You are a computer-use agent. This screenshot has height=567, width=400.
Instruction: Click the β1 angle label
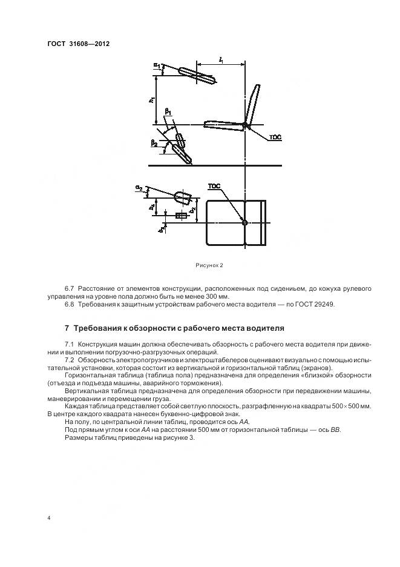(169, 113)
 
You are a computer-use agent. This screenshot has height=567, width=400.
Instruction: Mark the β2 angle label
(154, 144)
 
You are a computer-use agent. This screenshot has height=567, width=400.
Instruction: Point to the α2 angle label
(139, 189)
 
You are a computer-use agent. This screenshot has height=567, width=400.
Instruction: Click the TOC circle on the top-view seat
(244, 222)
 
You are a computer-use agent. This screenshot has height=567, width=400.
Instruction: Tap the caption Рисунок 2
(209, 265)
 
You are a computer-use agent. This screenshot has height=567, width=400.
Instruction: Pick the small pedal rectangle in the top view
(180, 216)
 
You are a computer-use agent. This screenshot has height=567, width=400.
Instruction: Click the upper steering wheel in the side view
(197, 76)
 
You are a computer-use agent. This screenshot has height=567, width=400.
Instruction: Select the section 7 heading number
(67, 328)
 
